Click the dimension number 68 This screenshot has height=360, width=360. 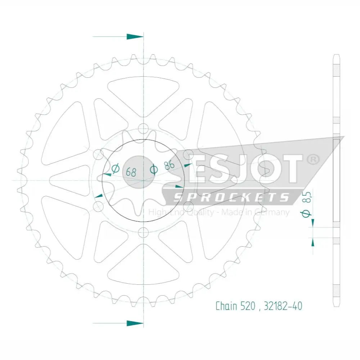[x=131, y=172]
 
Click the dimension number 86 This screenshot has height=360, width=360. [x=170, y=165]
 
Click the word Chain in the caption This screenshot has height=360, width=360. [x=226, y=306]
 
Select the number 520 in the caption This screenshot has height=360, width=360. [x=248, y=306]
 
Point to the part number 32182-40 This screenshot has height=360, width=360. [x=283, y=306]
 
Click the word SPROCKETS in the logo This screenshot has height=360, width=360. [x=231, y=197]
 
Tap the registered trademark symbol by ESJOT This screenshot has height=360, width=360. [x=313, y=160]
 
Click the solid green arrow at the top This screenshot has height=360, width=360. [x=135, y=36]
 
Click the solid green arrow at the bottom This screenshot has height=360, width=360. [x=135, y=323]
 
